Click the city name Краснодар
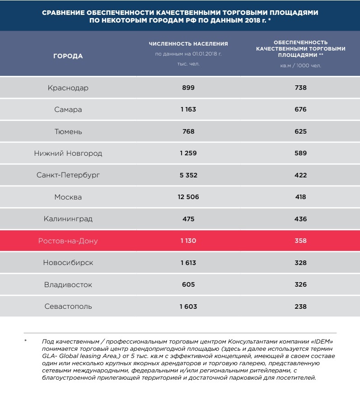coord(68,88)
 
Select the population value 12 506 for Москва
coord(188,197)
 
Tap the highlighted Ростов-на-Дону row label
coord(68,241)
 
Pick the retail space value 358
coord(300,241)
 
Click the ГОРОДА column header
coord(68,56)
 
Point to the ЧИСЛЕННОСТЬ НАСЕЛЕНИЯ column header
coord(188,44)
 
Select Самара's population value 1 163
coord(188,109)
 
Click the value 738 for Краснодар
coord(300,88)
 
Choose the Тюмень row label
coord(68,131)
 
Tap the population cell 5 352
coord(188,175)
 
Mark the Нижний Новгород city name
coord(68,153)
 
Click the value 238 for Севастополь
coord(300,306)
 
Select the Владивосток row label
coord(68,284)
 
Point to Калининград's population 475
coord(188,219)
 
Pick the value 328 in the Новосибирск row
coord(300,263)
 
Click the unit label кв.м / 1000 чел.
coord(300,65)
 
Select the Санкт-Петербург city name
coord(68,175)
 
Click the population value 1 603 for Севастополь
coord(188,306)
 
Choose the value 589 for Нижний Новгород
coord(300,153)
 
